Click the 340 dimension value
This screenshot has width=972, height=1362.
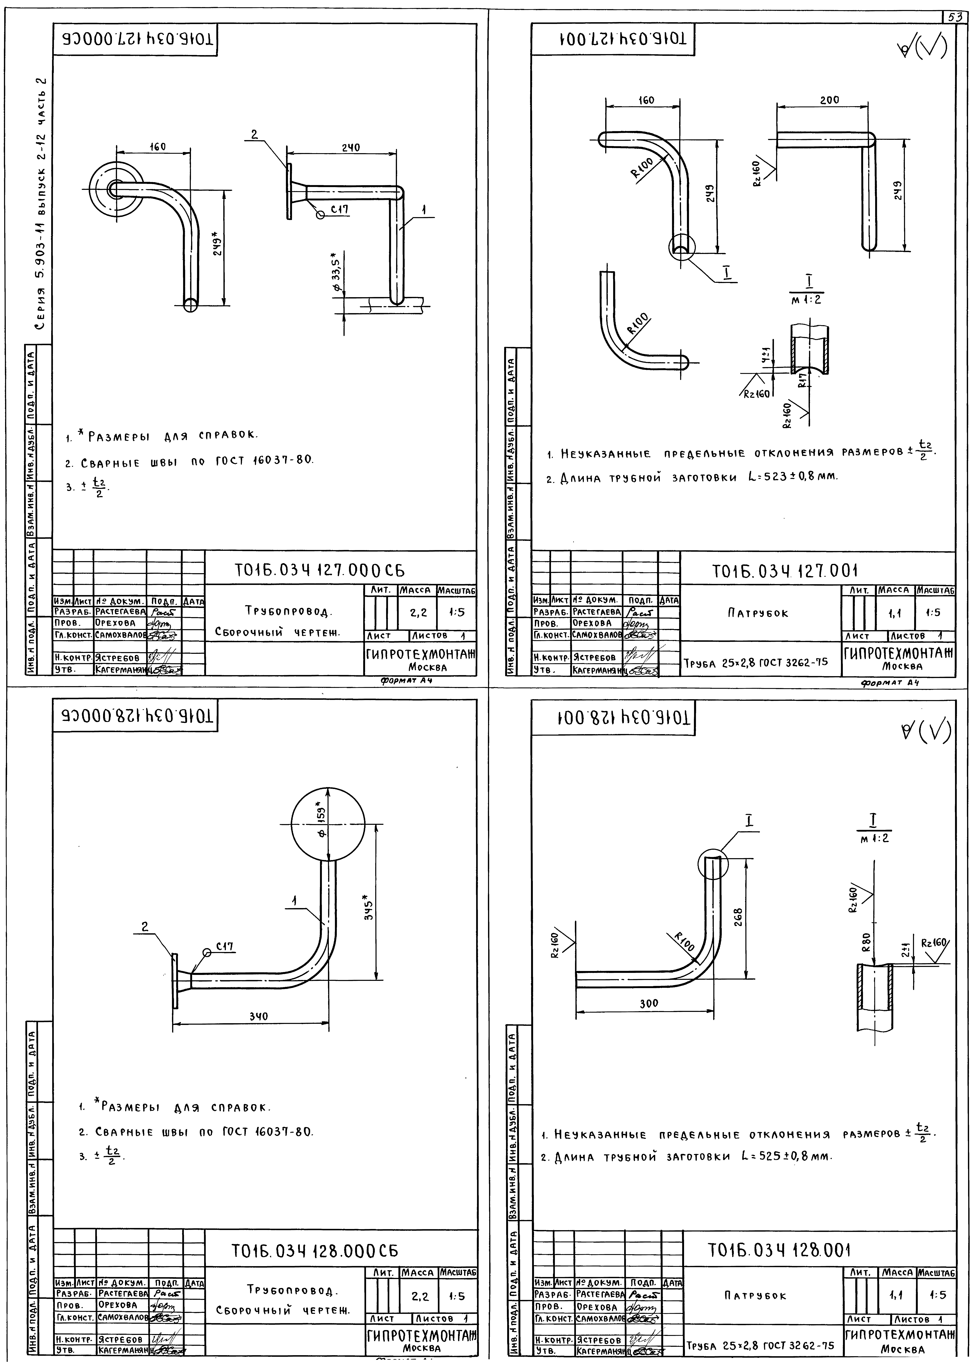click(259, 1016)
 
